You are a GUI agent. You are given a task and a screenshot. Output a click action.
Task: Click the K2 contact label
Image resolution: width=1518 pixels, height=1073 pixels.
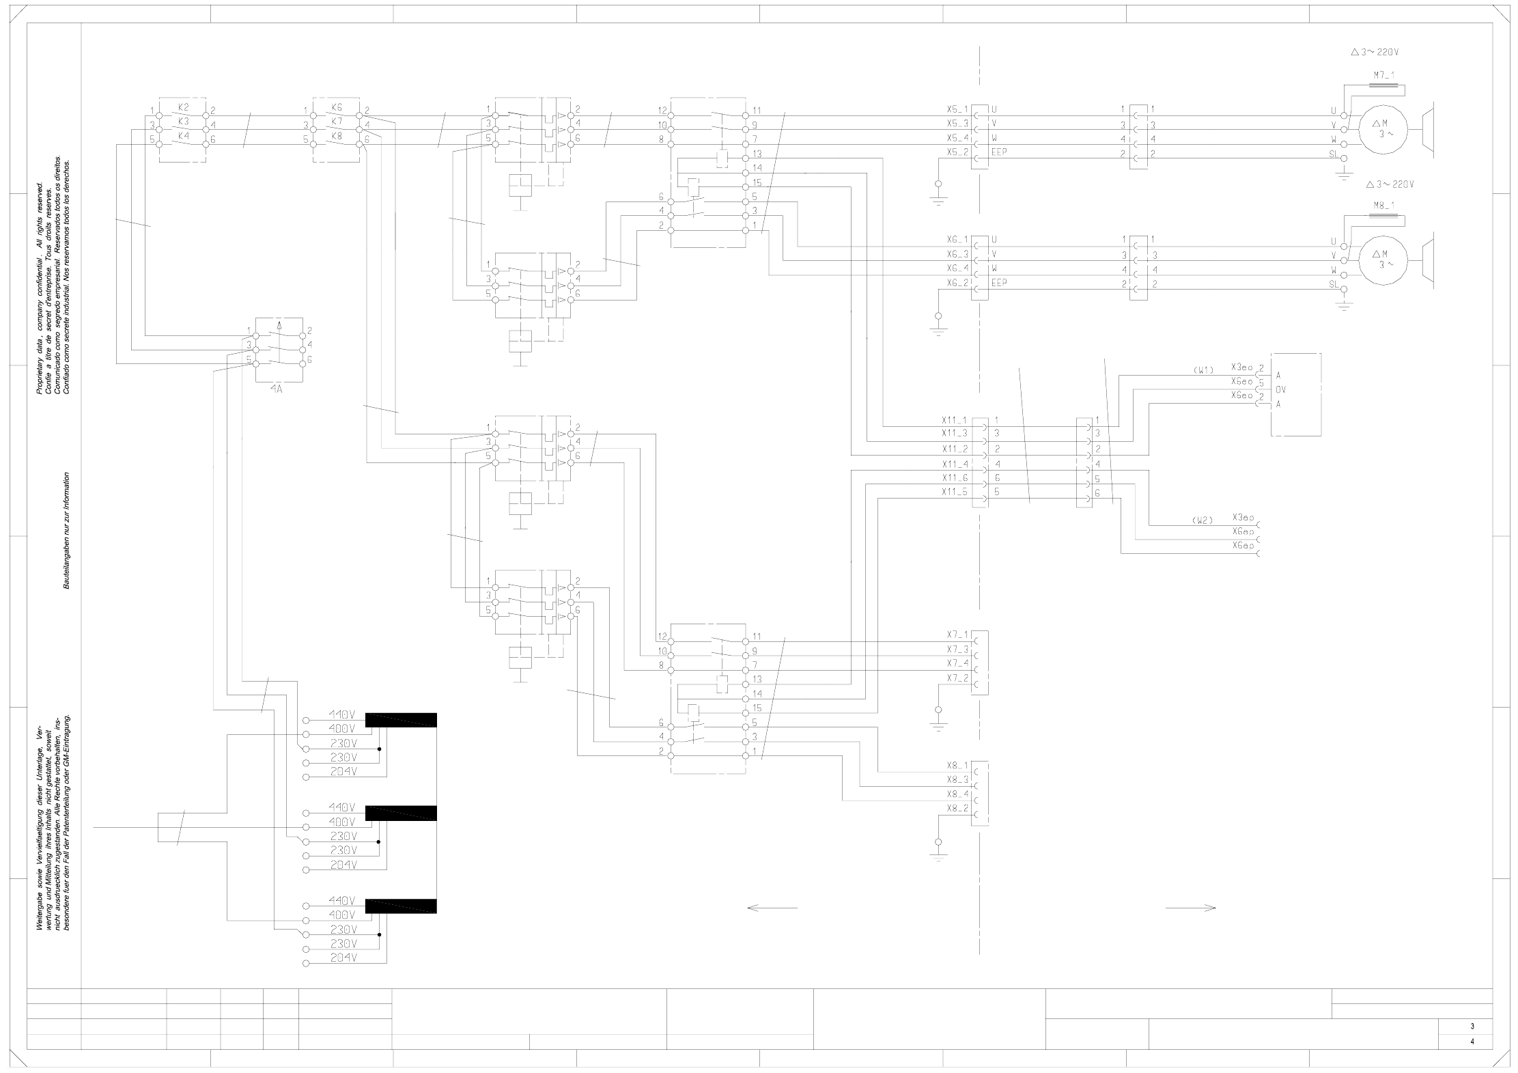coord(182,107)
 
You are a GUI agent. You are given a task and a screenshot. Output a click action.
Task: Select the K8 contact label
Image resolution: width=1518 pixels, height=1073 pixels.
coord(337,136)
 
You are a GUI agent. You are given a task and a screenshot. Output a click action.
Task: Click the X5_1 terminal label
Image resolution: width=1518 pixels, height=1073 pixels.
coord(956,109)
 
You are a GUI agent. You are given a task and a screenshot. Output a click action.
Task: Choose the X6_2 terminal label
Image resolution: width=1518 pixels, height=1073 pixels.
coord(956,283)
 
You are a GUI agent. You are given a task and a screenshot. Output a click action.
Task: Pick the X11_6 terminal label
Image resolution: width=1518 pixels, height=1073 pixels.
coord(954,477)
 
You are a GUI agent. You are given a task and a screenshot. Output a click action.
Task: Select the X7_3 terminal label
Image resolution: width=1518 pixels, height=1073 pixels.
coord(957,649)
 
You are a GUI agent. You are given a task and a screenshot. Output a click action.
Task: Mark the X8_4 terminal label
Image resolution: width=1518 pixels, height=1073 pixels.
coord(957,794)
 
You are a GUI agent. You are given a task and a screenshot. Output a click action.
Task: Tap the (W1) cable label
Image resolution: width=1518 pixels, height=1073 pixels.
coord(1203,370)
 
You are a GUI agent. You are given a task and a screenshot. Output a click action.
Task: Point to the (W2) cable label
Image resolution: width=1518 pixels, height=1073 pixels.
coord(1203,520)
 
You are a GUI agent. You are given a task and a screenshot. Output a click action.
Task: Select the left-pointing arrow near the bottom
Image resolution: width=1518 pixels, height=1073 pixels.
coord(772,908)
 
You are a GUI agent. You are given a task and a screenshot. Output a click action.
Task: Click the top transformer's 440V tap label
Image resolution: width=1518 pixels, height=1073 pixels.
coord(342,714)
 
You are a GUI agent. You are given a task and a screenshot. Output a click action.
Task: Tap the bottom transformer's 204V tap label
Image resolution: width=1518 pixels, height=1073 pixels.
coord(342,958)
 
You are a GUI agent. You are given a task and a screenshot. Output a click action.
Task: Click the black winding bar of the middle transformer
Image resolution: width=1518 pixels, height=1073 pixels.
coord(401,813)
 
